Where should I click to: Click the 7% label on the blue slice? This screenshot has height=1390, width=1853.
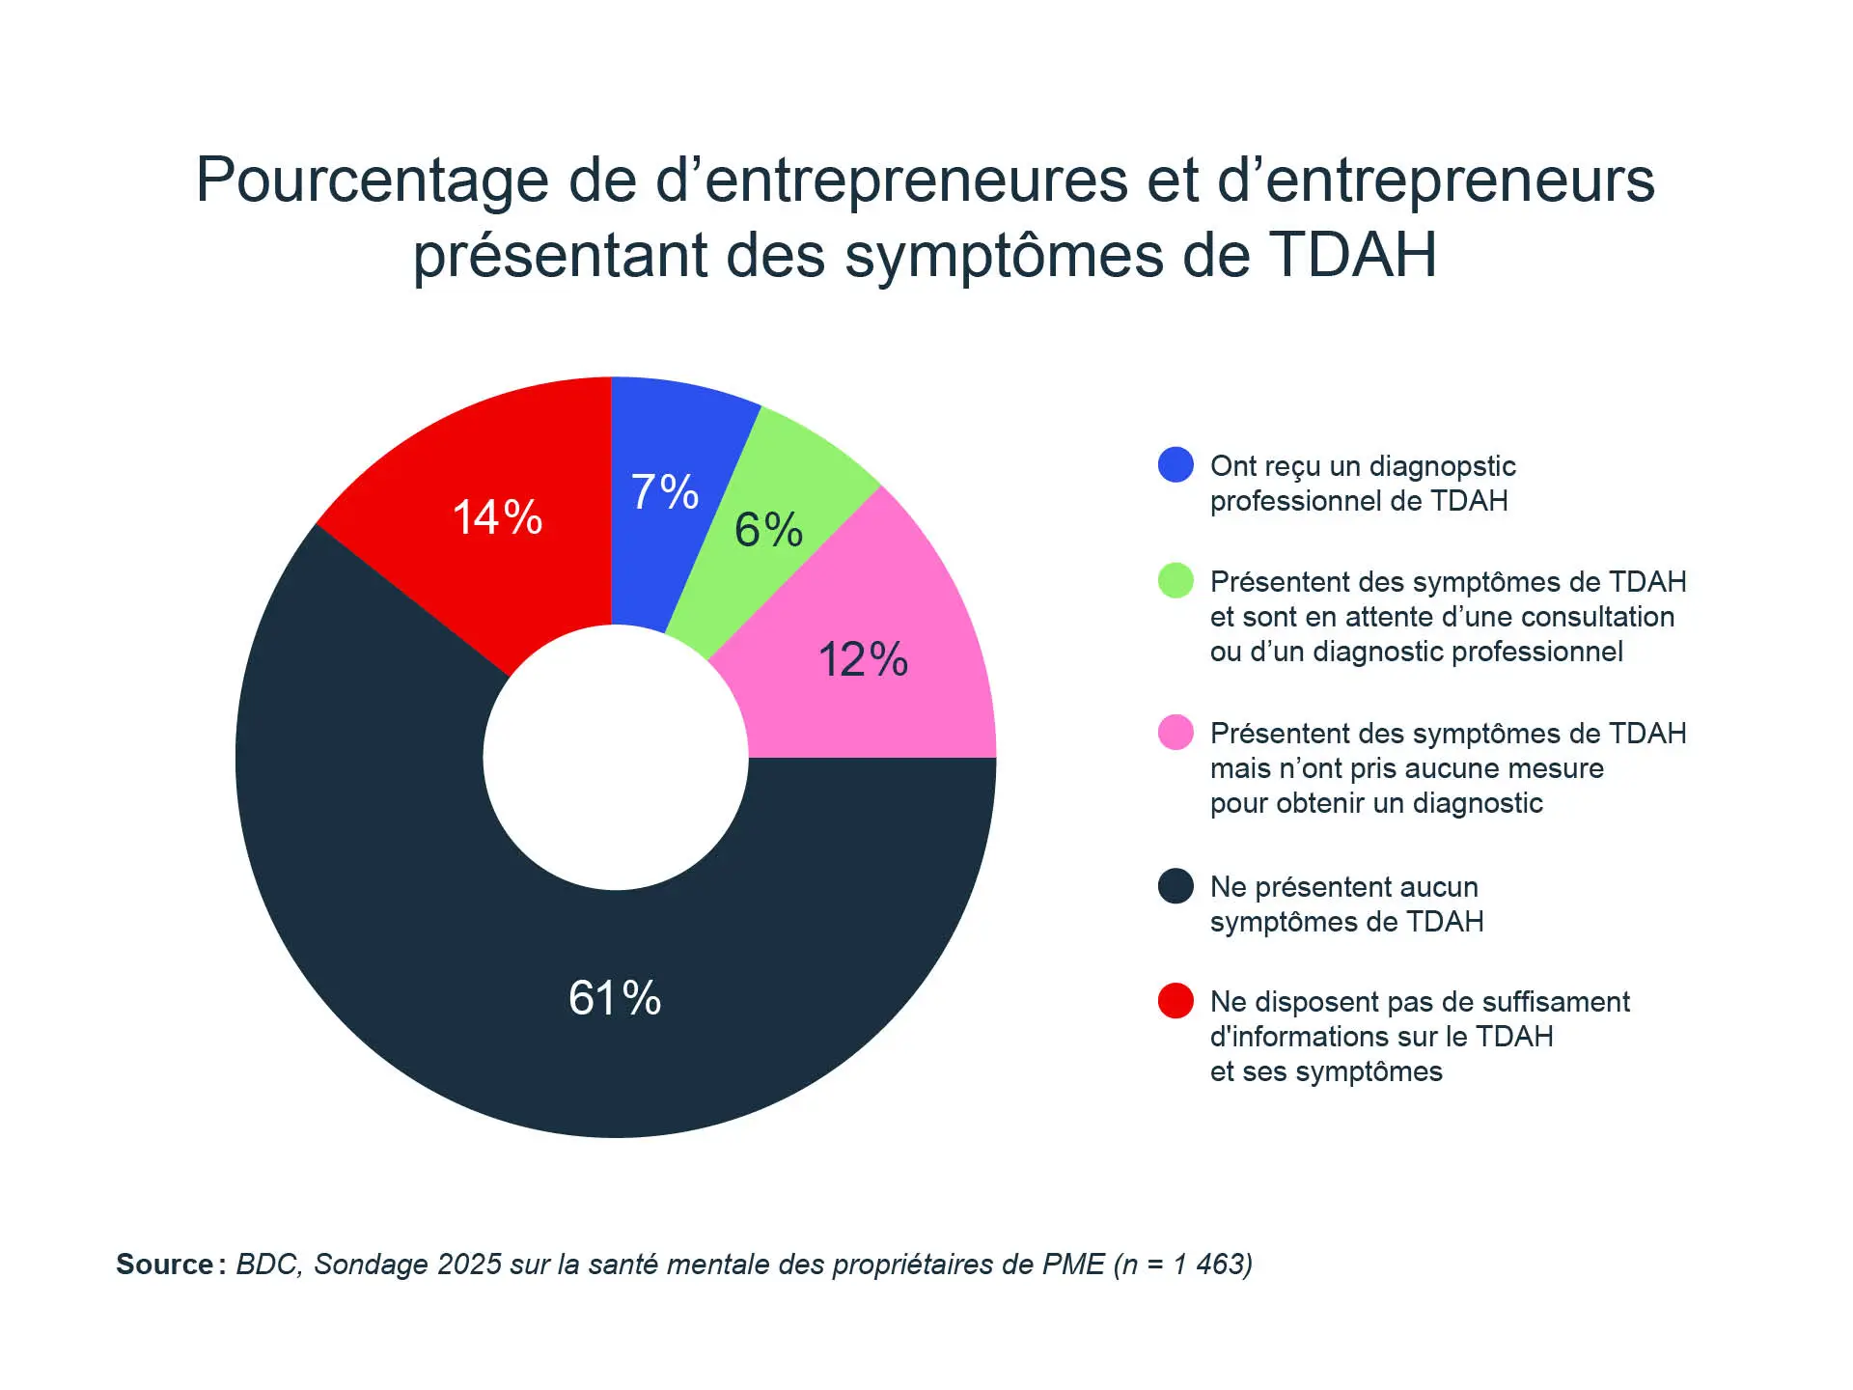point(664,492)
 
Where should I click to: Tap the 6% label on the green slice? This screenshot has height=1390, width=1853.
point(768,530)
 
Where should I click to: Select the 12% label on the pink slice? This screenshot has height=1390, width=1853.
point(863,660)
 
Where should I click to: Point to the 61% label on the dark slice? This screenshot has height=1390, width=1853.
point(615,998)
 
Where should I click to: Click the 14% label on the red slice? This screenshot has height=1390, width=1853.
point(497,517)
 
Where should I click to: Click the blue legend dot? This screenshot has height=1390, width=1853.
point(1175,465)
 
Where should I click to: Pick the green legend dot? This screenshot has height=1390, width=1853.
point(1175,581)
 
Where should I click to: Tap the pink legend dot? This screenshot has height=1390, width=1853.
point(1175,733)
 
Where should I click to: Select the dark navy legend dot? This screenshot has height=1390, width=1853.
point(1175,886)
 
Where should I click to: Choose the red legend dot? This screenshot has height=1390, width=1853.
point(1175,1001)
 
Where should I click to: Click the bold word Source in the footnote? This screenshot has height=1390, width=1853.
point(165,1265)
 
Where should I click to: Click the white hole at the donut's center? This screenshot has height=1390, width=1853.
point(616,758)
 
